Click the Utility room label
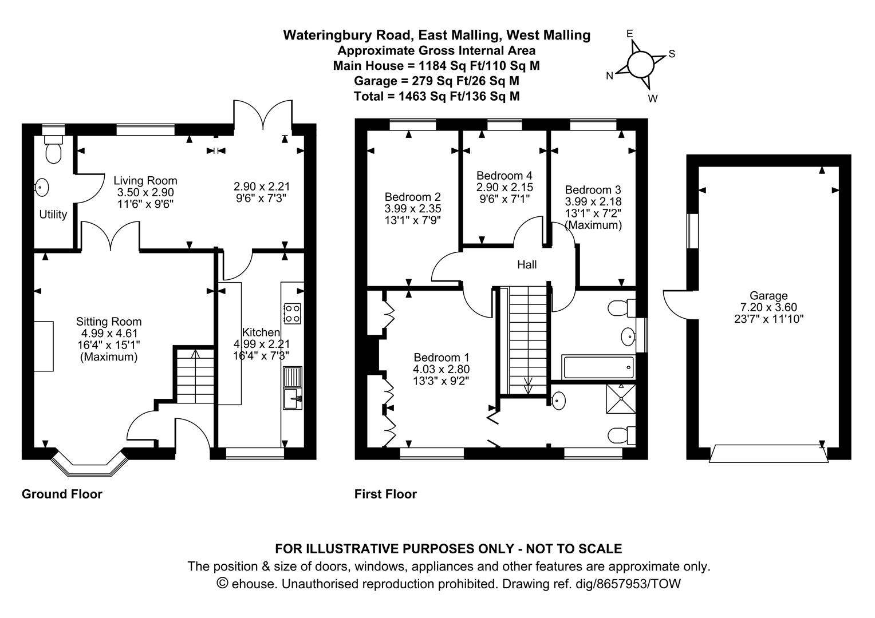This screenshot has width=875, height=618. tap(53, 215)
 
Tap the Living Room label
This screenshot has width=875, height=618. tap(145, 180)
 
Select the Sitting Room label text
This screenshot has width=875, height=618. tap(109, 322)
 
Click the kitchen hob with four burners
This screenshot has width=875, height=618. tap(292, 312)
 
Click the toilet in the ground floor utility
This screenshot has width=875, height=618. tap(54, 150)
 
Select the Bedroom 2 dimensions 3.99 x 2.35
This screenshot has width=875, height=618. tap(412, 208)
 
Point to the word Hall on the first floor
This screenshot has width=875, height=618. tap(526, 264)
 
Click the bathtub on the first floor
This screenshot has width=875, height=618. tap(598, 367)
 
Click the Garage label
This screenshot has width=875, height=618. tap(768, 296)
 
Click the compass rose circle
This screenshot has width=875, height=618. tap(640, 64)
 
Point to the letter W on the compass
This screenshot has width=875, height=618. tap(652, 98)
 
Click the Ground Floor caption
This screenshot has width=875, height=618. tap(62, 494)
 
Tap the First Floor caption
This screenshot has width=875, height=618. tap(385, 494)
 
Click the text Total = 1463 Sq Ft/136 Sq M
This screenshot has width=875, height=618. tap(436, 96)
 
